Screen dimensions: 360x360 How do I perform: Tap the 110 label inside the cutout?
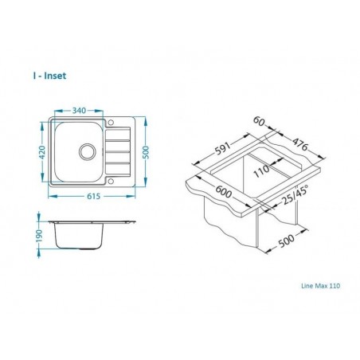260,170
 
